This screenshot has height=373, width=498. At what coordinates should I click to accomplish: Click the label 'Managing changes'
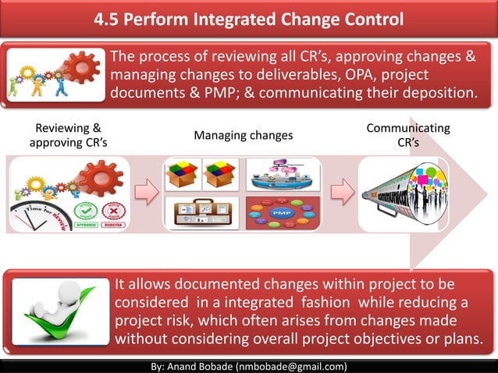point(243,136)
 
